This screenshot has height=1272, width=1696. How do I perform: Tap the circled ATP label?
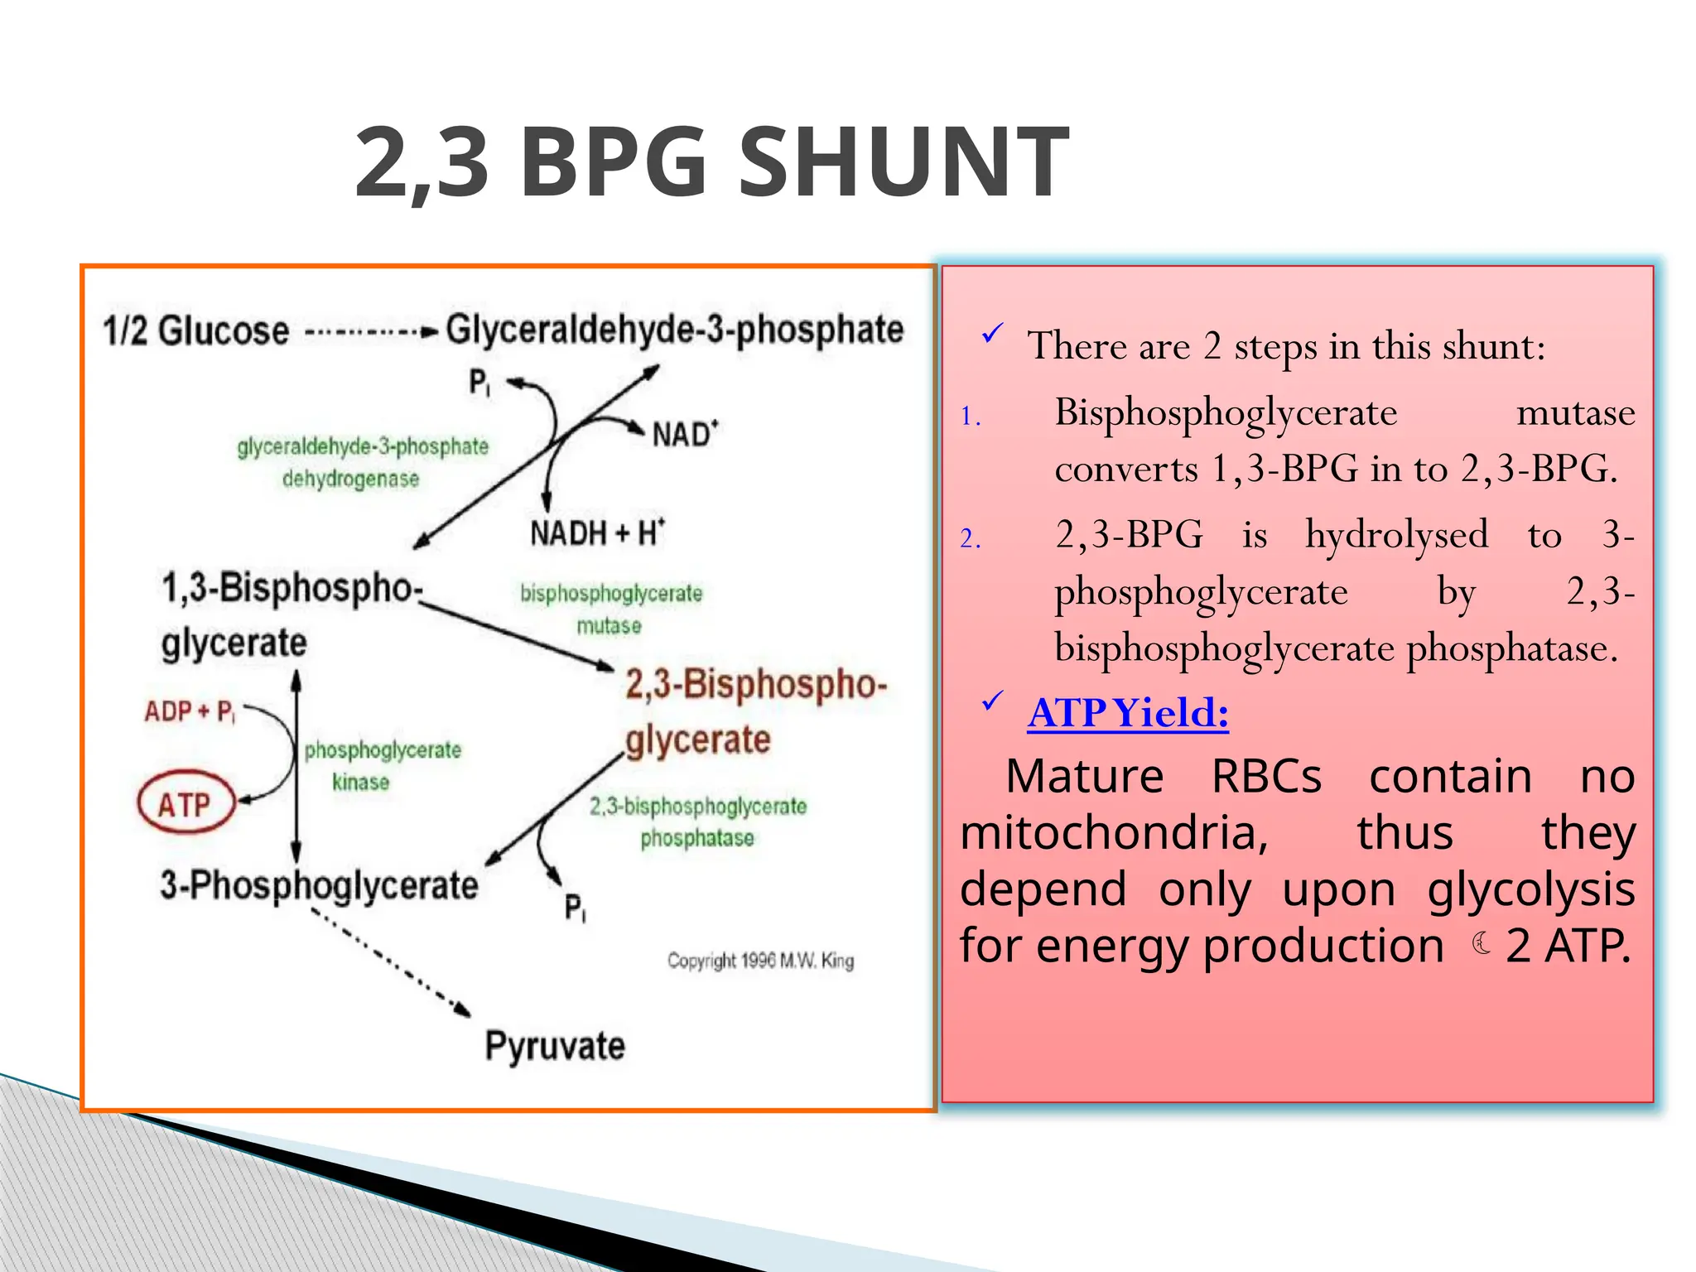(x=185, y=803)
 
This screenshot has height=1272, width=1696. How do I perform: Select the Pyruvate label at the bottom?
(x=554, y=1046)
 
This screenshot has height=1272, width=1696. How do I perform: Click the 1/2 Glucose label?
(x=195, y=330)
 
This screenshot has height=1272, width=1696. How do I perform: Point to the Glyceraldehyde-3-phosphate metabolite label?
(x=674, y=330)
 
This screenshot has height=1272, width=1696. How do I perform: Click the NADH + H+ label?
(x=597, y=532)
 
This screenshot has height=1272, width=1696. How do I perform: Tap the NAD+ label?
(x=684, y=434)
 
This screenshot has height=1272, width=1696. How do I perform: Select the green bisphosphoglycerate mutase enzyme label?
(x=610, y=609)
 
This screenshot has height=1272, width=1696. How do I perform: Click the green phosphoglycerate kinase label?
(x=382, y=765)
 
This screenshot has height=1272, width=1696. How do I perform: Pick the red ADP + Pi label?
(x=190, y=711)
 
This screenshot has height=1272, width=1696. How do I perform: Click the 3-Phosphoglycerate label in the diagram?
(x=319, y=885)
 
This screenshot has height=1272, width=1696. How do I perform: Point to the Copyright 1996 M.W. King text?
(x=760, y=961)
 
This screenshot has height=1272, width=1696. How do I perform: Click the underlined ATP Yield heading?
(x=1128, y=712)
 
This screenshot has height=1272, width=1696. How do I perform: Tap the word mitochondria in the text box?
(x=1114, y=832)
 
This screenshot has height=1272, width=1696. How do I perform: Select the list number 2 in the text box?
(x=970, y=539)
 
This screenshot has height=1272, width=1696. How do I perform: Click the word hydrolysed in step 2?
(x=1396, y=535)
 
